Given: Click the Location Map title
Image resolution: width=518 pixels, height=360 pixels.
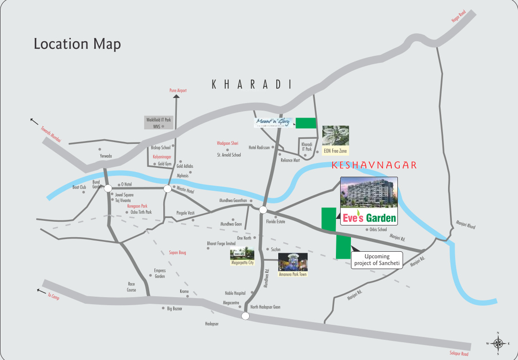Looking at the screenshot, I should pos(77,44).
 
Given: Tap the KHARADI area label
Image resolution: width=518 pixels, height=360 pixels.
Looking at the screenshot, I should pos(252,84).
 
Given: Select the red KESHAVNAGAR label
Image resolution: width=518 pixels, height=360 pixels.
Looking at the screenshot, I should pos(374,165).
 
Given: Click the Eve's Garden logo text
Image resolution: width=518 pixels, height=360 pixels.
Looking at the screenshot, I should pos(369,218).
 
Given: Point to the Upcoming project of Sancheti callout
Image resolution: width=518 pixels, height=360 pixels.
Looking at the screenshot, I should pos(377,260).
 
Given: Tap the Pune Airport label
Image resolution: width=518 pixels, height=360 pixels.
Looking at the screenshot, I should pos(178,90).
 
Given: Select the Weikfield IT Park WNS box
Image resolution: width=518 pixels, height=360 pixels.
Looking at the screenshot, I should pos(159,123).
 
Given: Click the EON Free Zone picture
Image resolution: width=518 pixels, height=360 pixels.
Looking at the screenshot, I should pos(335,135).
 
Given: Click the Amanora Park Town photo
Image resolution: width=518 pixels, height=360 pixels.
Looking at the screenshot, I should pos(293,262).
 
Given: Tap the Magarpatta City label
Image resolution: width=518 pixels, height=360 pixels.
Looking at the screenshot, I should pos(242,263).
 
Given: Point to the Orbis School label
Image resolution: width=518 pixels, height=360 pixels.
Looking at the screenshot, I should pos(378,230).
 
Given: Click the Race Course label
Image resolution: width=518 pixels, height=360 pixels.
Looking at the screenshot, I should pos(132,287).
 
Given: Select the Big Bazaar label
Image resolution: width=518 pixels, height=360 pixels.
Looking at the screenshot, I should pos(175,308).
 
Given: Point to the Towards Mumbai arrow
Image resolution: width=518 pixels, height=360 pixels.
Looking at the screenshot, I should pos(34,121).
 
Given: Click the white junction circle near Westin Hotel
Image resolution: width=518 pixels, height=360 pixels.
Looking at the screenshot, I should pos(168,188).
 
